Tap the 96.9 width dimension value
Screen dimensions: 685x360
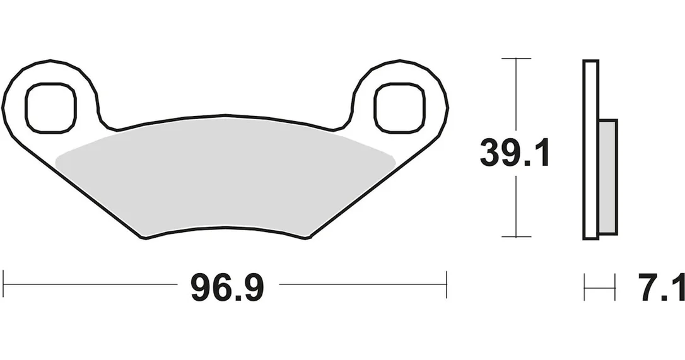tap(227, 287)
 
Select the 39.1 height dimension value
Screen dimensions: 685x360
tap(514, 153)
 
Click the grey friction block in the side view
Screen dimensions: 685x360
tap(607, 177)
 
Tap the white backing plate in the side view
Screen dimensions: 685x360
tap(590, 149)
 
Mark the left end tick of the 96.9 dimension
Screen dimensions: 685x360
tap(4, 284)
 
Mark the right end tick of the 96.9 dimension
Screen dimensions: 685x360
tap(447, 284)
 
